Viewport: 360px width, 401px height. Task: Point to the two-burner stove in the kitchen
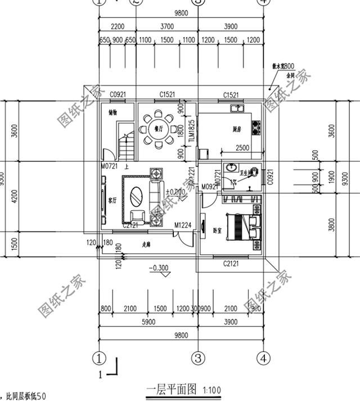pos(256,128)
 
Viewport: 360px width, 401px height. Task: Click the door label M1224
pos(183,226)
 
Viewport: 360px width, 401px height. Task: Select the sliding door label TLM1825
pos(192,132)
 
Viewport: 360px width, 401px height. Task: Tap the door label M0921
pos(209,187)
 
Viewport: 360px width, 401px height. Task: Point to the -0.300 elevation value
pos(160,268)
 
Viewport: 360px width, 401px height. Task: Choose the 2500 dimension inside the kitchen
pos(242,148)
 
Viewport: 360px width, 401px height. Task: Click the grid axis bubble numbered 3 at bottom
pos(198,357)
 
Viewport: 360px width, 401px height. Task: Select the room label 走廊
pos(146,244)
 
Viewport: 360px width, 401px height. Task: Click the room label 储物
pos(113,112)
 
